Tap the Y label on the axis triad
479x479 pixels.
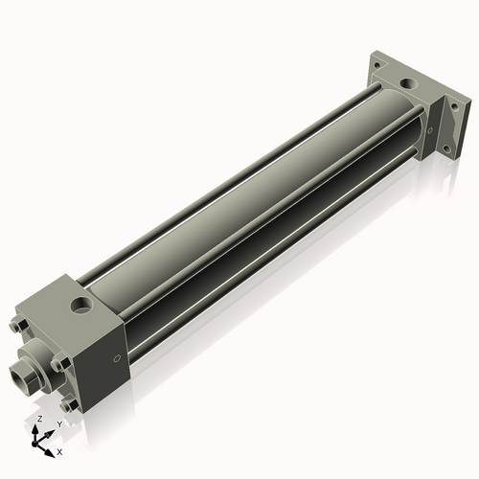tap(59, 422)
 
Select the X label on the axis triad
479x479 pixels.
tap(59, 450)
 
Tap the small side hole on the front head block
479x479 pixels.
tap(117, 359)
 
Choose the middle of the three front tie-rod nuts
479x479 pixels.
tap(58, 362)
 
